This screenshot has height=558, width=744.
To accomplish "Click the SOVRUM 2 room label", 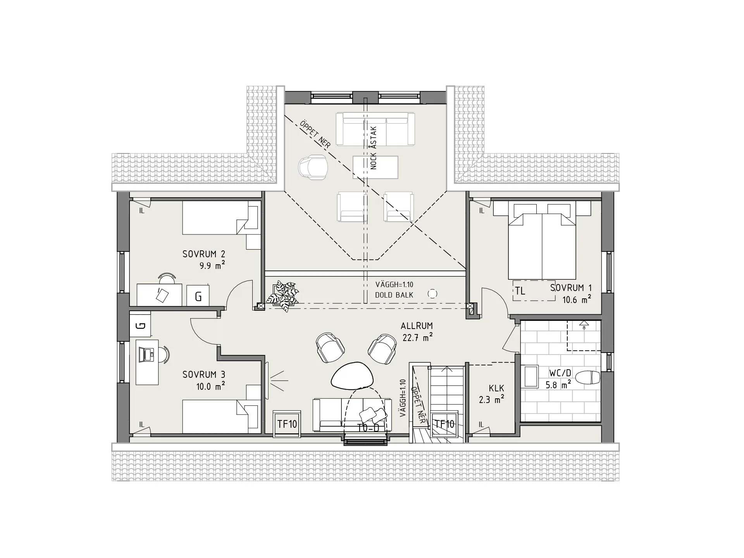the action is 204,254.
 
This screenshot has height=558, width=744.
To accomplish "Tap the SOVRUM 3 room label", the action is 204,375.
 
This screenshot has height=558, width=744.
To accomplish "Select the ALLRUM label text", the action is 417,326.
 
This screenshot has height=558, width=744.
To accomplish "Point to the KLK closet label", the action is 496,388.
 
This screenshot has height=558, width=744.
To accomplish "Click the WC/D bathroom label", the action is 560,373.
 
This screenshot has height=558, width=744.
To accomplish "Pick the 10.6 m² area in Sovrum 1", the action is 577,299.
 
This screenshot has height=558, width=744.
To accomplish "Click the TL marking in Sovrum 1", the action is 520,291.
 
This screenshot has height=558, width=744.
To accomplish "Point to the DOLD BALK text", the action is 394,295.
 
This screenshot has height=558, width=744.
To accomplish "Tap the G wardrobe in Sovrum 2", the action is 198,296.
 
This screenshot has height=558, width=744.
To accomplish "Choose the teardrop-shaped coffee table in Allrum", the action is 352,375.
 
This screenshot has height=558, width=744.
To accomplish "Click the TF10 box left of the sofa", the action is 287,424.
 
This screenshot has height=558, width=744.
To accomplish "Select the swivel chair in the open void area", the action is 313,167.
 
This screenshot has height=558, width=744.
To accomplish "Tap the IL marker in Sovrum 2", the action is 142,211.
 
